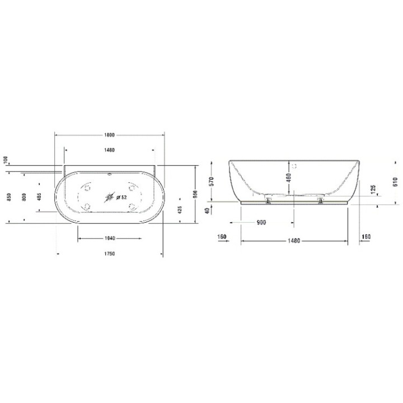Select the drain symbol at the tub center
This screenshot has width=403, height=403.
pos(110,197)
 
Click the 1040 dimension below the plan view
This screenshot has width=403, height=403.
pos(110,238)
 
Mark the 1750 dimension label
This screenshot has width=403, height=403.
pos(109,254)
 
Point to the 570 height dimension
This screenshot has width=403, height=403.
pos(211,181)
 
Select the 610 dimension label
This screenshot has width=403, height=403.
pos(395,182)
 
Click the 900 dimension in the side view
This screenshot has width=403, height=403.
pos(261,222)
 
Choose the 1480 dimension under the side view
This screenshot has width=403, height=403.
pos(294,241)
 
